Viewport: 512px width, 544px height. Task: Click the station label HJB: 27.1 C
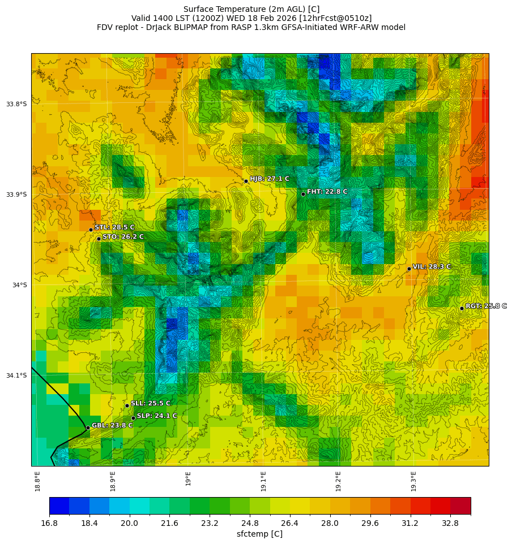click(270, 179)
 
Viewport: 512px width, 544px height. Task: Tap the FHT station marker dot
click(303, 194)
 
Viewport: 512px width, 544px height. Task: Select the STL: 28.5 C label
click(114, 227)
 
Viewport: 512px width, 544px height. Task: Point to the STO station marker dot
click(99, 239)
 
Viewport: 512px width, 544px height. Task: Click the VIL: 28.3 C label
click(432, 266)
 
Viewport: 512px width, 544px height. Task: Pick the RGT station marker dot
click(462, 308)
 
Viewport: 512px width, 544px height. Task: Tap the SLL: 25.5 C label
click(151, 403)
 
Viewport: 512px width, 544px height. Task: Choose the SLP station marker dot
click(133, 418)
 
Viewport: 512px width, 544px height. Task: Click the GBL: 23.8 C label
click(112, 425)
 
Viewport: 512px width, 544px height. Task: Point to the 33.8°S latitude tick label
click(16, 104)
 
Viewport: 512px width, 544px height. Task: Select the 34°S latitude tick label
click(19, 285)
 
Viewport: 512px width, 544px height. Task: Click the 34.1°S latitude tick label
click(16, 375)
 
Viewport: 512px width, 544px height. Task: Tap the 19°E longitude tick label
click(188, 478)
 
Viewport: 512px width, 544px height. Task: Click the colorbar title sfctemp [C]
click(259, 534)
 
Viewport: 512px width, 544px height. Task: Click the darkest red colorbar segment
click(460, 506)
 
